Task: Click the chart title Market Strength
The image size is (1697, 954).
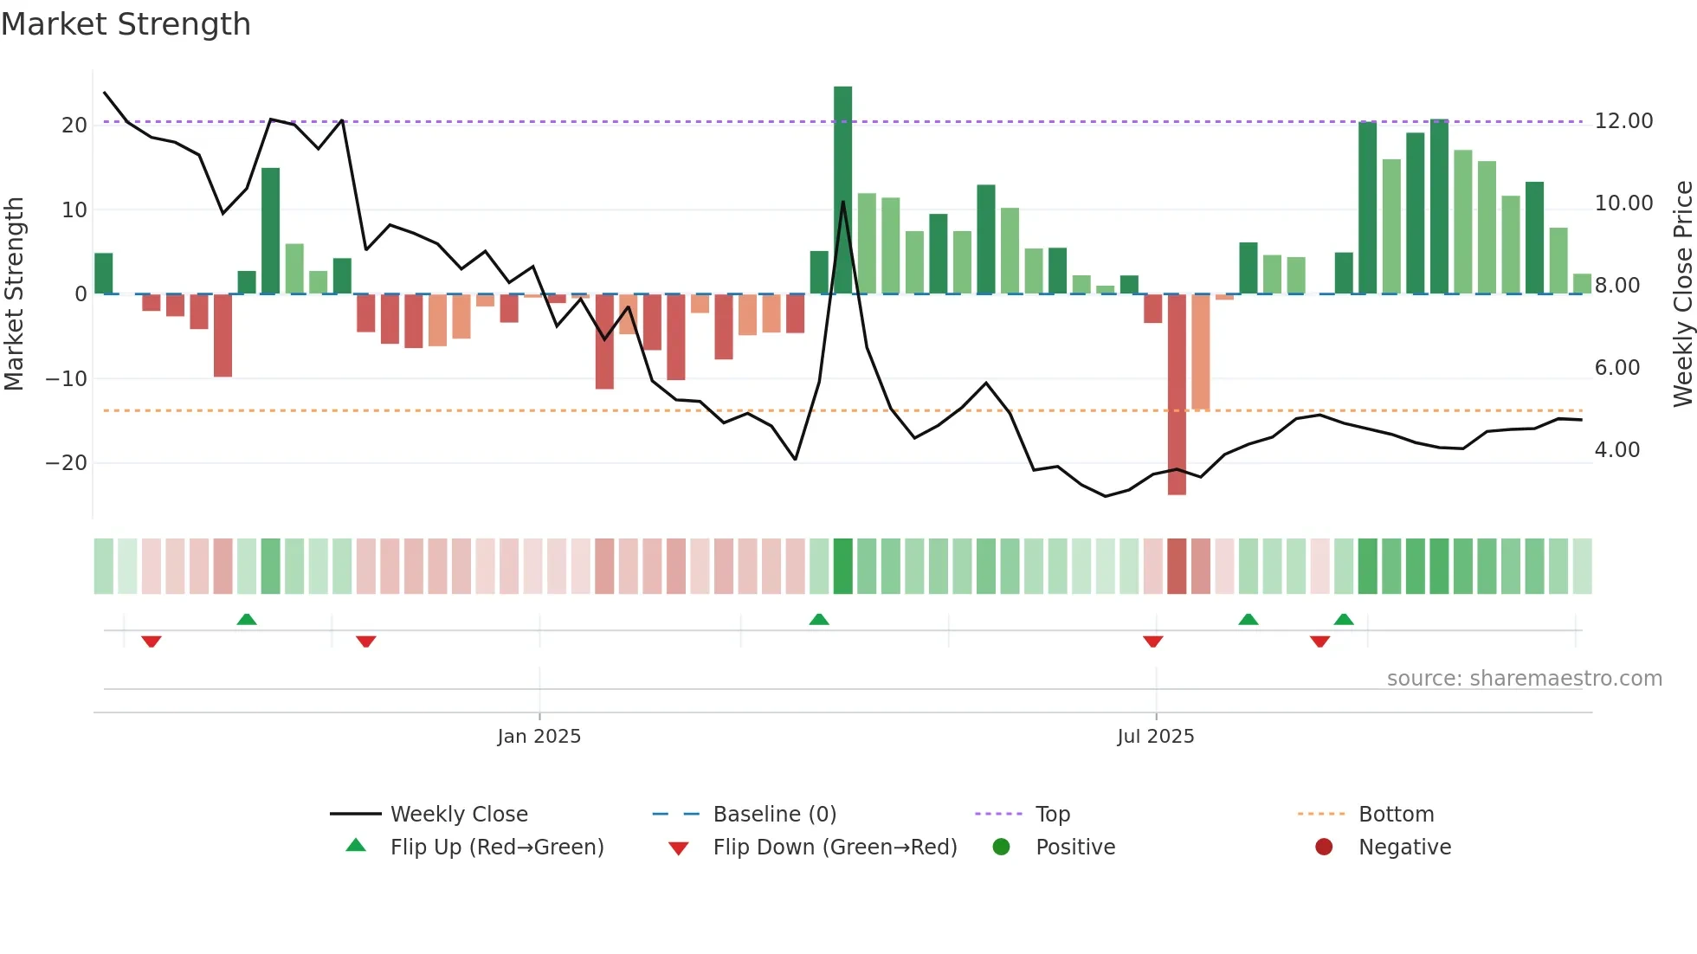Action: (x=126, y=24)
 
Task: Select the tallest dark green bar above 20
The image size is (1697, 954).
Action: (x=842, y=190)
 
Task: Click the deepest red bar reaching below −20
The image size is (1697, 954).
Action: (x=1177, y=394)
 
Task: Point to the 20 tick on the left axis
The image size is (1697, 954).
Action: (x=74, y=126)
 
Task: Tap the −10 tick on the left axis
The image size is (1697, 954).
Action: (x=67, y=379)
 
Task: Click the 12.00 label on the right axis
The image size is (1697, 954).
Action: (x=1623, y=121)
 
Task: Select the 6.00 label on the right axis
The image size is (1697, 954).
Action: (x=1616, y=368)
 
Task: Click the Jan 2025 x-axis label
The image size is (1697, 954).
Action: (x=539, y=737)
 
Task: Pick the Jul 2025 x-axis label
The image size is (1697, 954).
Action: (x=1155, y=737)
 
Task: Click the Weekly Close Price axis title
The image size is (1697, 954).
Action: (x=1682, y=293)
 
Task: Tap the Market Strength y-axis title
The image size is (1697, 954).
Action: (x=15, y=293)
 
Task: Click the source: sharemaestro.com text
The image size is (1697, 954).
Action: (x=1524, y=679)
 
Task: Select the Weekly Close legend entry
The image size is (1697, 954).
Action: (x=458, y=815)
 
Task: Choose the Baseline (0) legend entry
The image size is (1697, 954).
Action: (x=774, y=815)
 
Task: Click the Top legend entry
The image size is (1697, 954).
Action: (x=1052, y=815)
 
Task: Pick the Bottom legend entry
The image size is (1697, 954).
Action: (x=1396, y=815)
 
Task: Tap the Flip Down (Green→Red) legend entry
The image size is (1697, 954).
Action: (x=834, y=848)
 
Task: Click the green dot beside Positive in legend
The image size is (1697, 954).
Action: (x=1001, y=848)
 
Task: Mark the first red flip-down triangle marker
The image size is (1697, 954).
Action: (x=152, y=641)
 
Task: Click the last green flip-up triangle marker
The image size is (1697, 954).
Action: (x=1344, y=619)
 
